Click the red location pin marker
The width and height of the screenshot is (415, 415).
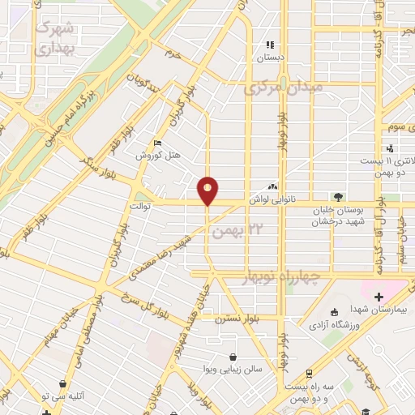208,190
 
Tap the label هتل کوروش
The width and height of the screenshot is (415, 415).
151,155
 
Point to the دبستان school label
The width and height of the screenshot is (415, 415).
272,58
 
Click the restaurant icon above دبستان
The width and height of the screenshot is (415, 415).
272,45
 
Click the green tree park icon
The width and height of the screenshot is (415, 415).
338,196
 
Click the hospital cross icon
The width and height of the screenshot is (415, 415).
379,296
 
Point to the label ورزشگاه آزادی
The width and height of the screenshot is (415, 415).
335,324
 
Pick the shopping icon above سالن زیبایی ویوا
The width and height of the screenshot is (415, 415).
234,356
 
